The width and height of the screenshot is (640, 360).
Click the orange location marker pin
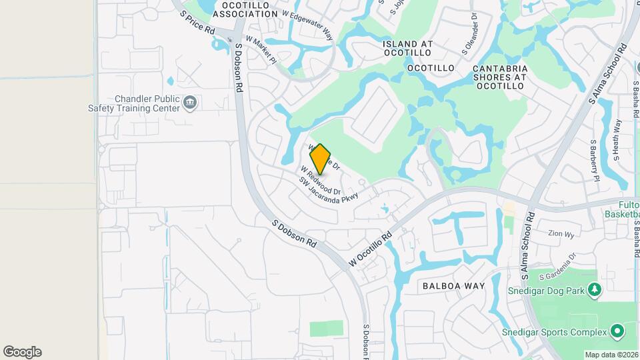click(x=321, y=159)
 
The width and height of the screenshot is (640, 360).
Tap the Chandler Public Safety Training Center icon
click(x=191, y=103)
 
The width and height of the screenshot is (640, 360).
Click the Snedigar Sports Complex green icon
click(x=617, y=331)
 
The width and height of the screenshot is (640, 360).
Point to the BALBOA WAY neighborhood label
click(x=453, y=286)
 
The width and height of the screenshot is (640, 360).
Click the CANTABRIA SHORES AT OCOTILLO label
click(x=500, y=77)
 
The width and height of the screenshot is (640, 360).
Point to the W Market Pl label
click(x=261, y=49)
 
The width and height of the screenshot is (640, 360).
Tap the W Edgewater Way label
click(x=307, y=25)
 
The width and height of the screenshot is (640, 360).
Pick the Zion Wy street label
click(x=561, y=234)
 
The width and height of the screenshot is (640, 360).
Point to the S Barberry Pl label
click(x=593, y=160)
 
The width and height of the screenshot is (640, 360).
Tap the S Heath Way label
click(x=617, y=141)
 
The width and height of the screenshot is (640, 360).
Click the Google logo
click(x=22, y=352)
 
